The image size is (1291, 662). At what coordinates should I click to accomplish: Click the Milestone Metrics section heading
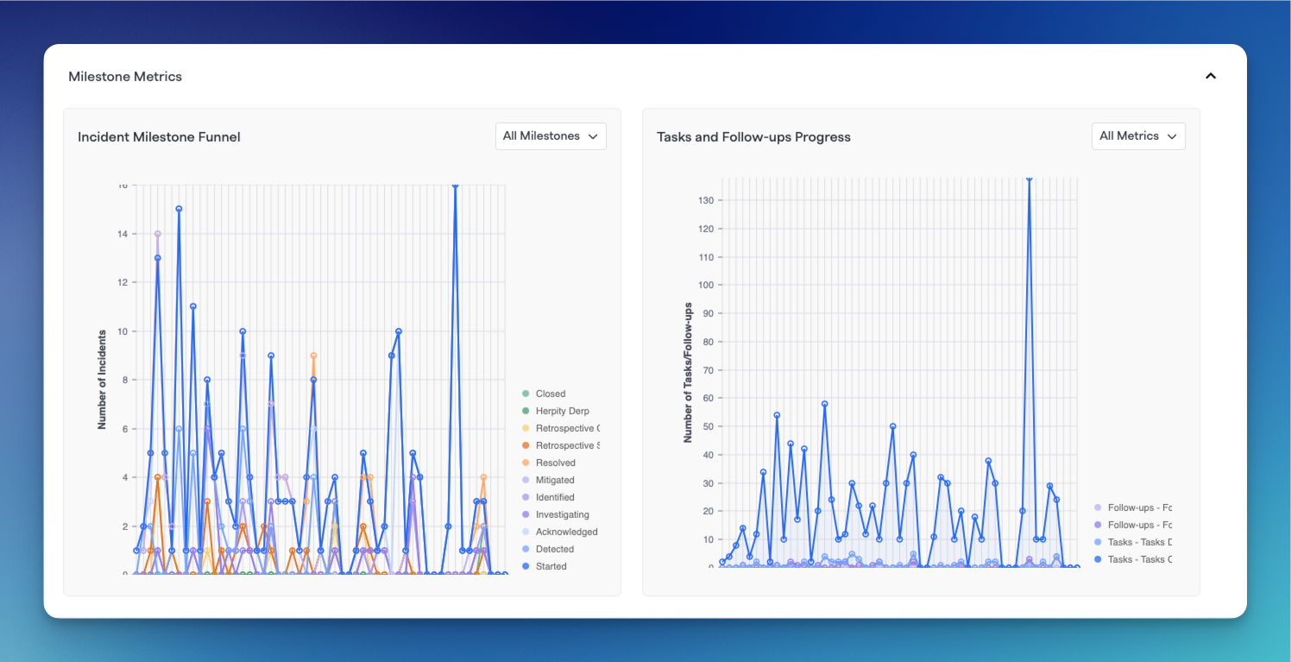(125, 77)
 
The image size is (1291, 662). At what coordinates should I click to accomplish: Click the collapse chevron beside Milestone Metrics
(1211, 76)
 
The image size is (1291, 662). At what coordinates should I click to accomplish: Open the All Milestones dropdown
(551, 136)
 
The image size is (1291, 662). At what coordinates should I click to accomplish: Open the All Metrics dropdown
(1138, 136)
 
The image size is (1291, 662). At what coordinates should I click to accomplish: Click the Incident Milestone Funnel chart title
(159, 137)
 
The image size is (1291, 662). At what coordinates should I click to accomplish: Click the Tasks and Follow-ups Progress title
(753, 137)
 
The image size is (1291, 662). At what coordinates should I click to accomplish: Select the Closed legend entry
(550, 394)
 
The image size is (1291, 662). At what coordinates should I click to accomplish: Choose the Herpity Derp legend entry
(562, 411)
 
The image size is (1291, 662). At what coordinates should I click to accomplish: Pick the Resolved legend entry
(555, 463)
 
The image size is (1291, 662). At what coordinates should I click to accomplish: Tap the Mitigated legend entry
(554, 480)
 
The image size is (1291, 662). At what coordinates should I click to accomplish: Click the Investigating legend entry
(562, 514)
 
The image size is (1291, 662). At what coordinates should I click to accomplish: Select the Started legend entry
(551, 566)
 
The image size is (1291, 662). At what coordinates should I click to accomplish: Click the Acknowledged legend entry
(566, 532)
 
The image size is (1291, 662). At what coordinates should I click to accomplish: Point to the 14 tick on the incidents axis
(123, 234)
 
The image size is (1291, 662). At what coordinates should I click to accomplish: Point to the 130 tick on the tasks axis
(705, 200)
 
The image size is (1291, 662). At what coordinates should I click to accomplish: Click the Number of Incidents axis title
(102, 380)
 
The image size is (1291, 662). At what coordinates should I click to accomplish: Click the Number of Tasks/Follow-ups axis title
(688, 373)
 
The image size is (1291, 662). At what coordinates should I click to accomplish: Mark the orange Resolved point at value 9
(313, 356)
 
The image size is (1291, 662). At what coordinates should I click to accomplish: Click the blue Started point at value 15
(179, 209)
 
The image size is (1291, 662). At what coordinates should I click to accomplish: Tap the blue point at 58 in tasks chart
(825, 404)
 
